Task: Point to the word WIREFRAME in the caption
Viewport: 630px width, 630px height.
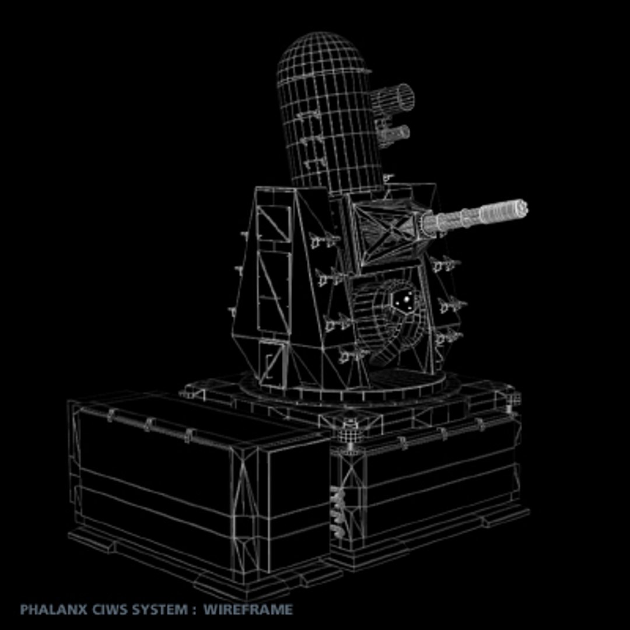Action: [248, 610]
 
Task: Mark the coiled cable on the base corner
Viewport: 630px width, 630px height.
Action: [337, 511]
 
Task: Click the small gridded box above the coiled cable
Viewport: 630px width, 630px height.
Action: [349, 435]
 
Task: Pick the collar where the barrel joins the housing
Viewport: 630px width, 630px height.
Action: [428, 225]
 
